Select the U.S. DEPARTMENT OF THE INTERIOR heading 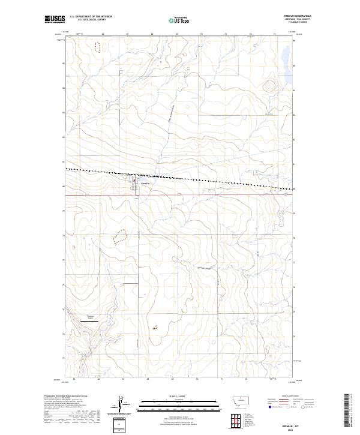click(91, 16)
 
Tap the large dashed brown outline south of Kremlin click(120, 238)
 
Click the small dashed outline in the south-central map click(154, 327)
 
